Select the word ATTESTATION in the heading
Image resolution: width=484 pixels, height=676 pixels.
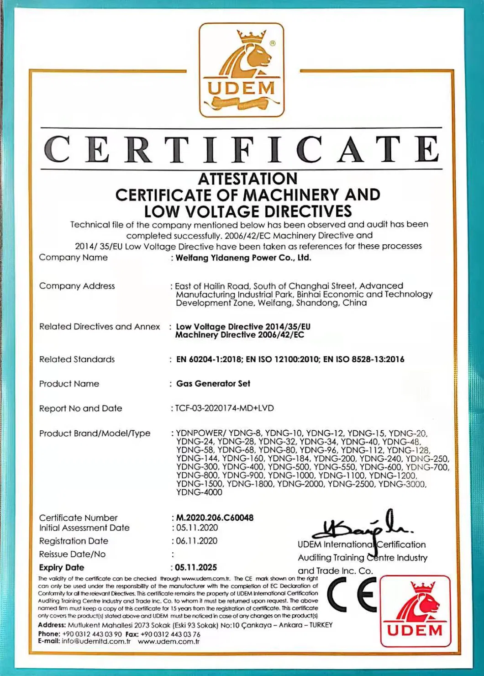[247, 179]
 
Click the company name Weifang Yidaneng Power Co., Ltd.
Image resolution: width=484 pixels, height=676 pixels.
[243, 258]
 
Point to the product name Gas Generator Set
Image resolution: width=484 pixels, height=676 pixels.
[213, 384]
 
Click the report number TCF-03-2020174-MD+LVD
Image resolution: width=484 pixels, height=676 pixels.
[224, 408]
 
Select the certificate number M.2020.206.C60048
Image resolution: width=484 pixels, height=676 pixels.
[215, 518]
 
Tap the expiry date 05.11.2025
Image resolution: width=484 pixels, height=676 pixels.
[196, 567]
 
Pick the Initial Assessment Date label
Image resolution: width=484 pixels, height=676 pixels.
[84, 528]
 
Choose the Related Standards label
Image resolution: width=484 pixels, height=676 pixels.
[77, 359]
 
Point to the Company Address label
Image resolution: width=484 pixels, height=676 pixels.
[77, 286]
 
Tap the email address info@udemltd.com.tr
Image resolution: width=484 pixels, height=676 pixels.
[96, 642]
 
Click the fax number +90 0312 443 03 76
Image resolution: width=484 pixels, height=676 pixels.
[170, 634]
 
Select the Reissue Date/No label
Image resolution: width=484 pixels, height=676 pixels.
[72, 554]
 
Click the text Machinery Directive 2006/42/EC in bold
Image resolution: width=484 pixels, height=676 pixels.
[240, 335]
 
